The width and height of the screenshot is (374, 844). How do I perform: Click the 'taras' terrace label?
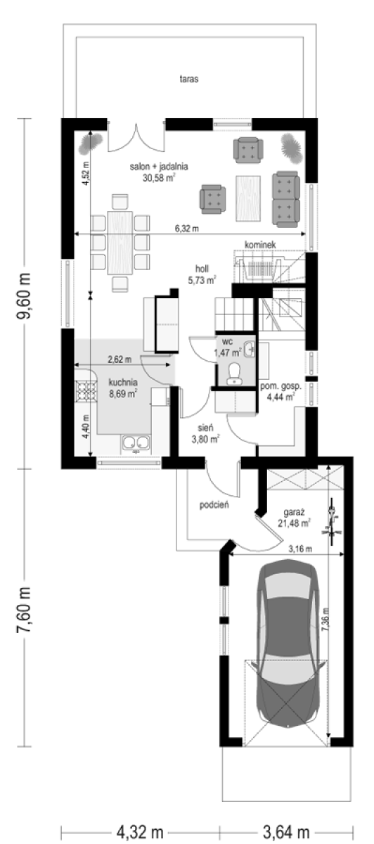[188, 79]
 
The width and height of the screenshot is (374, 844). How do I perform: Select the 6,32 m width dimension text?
[187, 229]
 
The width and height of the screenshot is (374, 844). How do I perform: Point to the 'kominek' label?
[260, 245]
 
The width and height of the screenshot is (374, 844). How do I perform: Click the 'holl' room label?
[202, 269]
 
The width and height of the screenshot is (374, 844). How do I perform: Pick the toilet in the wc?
[235, 373]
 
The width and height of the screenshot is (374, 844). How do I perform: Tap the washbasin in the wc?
[250, 349]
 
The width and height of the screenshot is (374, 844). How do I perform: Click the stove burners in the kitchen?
[86, 390]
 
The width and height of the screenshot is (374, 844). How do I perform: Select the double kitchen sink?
[136, 444]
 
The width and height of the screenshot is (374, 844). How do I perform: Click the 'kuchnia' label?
[123, 383]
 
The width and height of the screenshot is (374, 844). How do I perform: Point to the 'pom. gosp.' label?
[280, 386]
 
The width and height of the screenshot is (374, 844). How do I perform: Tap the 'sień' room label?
[206, 428]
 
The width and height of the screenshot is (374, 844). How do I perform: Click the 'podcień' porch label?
[214, 505]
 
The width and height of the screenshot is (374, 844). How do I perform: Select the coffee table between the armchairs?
[248, 198]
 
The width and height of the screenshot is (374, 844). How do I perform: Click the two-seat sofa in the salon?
[286, 199]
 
